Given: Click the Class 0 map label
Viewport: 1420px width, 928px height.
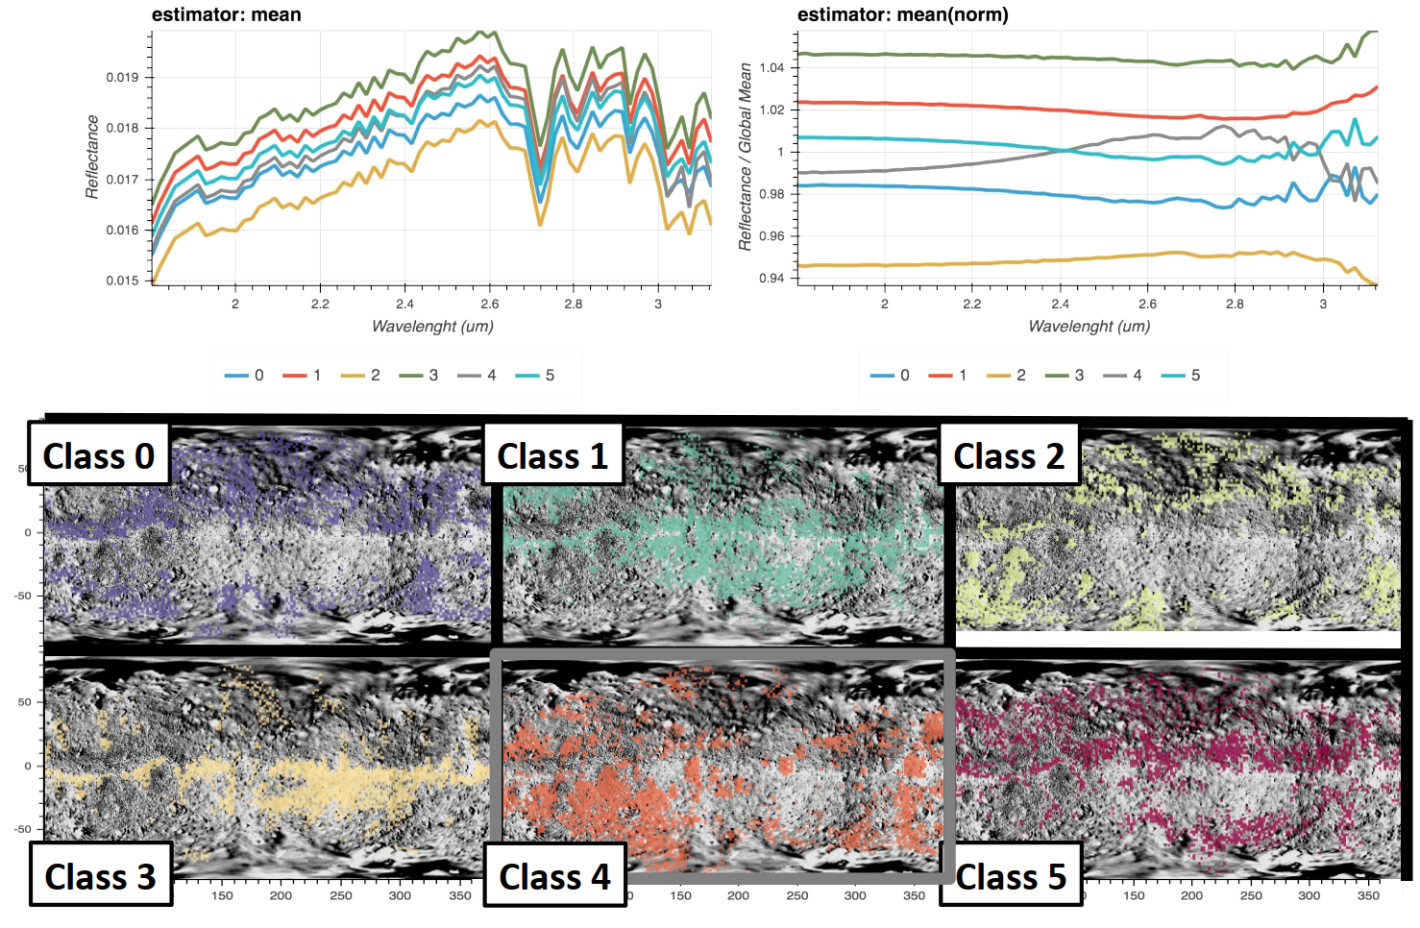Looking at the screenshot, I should [x=99, y=455].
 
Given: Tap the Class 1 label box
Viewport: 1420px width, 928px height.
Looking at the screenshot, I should [x=552, y=455].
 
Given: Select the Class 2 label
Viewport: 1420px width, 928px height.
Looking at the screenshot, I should [x=1009, y=455].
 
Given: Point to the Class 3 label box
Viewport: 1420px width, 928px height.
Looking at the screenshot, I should [x=100, y=876].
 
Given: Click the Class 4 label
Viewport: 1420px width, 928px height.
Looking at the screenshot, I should [x=554, y=876].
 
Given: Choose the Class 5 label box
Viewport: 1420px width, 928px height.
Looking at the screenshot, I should [x=1011, y=876].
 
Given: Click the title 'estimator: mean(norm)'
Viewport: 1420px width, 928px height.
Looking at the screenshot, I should [x=902, y=14].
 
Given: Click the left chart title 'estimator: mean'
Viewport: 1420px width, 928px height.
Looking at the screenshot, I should [x=227, y=14].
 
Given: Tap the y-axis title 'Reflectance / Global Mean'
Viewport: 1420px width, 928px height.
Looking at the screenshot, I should [x=745, y=157].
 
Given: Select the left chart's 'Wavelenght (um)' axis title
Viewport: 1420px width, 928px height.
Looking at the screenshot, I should [x=432, y=326].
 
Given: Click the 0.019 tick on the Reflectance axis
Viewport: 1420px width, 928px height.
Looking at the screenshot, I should [x=122, y=77].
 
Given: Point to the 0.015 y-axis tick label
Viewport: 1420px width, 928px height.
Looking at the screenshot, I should [x=122, y=281].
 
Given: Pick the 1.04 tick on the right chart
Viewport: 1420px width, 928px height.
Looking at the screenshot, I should [x=771, y=67].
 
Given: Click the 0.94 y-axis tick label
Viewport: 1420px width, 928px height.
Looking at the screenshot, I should [x=771, y=279].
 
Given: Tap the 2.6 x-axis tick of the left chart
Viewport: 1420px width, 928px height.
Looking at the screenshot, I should [x=489, y=304].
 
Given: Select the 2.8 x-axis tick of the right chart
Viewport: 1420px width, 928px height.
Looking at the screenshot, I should [x=1235, y=304].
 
